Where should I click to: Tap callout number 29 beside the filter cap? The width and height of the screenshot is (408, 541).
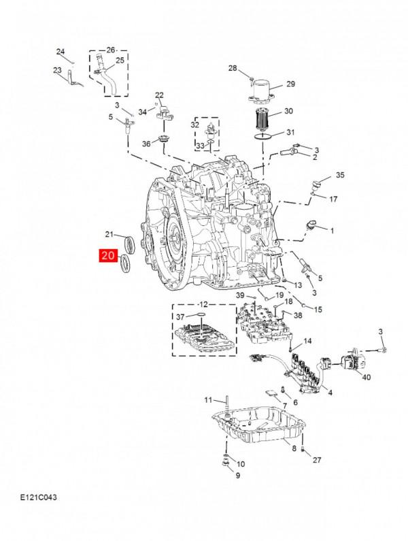(x=290, y=84)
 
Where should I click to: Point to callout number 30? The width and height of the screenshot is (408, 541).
(x=288, y=111)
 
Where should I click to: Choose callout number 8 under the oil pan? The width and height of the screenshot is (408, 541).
(x=294, y=448)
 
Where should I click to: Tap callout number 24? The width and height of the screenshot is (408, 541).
(x=60, y=52)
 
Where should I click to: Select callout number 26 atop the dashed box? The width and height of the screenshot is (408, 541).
(x=112, y=50)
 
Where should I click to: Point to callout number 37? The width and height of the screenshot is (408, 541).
(x=180, y=317)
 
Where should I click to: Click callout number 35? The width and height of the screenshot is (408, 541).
(x=340, y=175)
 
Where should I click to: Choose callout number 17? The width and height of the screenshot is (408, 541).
(x=333, y=199)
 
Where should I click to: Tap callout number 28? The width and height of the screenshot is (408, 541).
(x=232, y=69)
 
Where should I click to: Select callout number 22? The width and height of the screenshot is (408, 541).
(x=159, y=95)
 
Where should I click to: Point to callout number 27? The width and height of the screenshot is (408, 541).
(x=316, y=461)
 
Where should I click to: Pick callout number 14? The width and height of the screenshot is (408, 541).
(x=307, y=340)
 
